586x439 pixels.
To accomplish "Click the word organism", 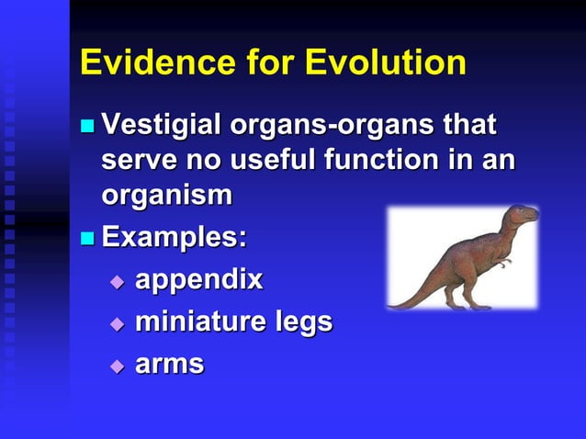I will pos(166,196).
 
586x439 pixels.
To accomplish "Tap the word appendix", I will pos(198,280).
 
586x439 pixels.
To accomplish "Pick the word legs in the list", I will pos(304,323).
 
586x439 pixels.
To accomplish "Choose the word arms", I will pos(169,364).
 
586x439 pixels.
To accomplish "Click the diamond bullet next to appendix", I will pos(116,281).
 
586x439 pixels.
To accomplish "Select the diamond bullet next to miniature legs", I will pos(116,323).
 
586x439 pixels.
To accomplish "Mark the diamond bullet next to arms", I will pos(116,366).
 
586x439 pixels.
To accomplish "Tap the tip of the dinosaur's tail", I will pos(393,304).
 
